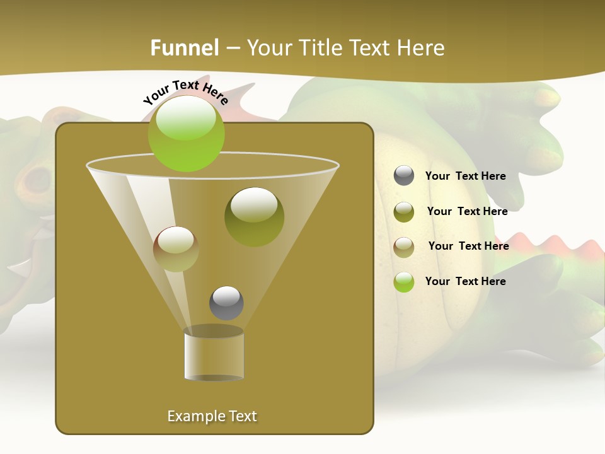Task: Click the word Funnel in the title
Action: tap(185, 48)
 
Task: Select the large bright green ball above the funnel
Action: tap(187, 133)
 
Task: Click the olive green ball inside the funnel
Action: tap(254, 216)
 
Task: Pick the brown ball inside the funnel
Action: tap(176, 249)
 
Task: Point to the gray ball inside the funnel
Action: tap(226, 303)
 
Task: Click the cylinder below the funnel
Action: tap(214, 353)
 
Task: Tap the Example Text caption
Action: tap(212, 416)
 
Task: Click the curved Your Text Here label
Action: tap(186, 92)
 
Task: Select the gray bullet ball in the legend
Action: tap(404, 176)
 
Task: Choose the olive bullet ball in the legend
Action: tap(404, 212)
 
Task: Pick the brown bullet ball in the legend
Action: tap(404, 247)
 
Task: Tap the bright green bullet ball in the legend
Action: tap(404, 282)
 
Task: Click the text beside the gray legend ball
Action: tap(465, 177)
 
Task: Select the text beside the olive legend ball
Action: tap(467, 212)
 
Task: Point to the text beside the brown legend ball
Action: tap(468, 247)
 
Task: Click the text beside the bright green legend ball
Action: tap(465, 282)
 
